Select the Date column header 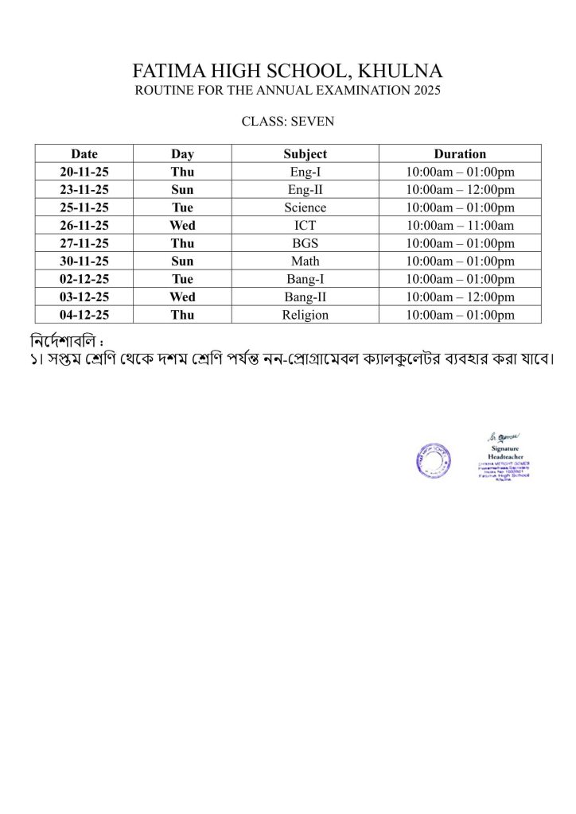coord(84,154)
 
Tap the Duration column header coord(460,154)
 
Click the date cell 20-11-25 coord(84,172)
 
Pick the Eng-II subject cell coord(305,190)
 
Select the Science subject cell coord(305,207)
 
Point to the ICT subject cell coord(305,226)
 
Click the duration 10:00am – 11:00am coord(460,226)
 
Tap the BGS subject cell coord(305,243)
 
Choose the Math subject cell coord(305,262)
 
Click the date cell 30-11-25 coord(84,262)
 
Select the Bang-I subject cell coord(305,279)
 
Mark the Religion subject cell coord(305,315)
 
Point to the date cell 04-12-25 coord(84,315)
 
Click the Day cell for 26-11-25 coord(182,226)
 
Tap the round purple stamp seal coord(433,460)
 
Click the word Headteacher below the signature coord(504,456)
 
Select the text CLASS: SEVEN coord(288,122)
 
